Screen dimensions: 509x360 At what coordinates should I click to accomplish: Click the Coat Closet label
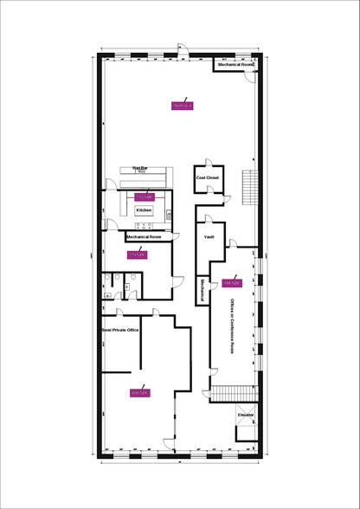209,177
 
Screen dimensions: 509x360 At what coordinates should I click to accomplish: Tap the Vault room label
209,235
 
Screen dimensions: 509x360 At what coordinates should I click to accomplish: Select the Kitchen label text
144,210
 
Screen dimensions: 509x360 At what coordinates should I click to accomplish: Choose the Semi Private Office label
120,331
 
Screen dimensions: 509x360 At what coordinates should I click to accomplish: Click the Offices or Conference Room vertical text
232,324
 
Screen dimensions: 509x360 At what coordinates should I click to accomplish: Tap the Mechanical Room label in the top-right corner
235,65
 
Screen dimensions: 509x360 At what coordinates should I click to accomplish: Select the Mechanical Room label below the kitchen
144,236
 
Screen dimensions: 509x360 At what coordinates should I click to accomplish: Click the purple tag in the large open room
181,106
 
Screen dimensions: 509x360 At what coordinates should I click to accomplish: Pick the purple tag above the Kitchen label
145,197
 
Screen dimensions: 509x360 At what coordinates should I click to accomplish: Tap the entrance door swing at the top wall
180,48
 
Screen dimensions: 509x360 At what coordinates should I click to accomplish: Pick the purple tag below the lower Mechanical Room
137,255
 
